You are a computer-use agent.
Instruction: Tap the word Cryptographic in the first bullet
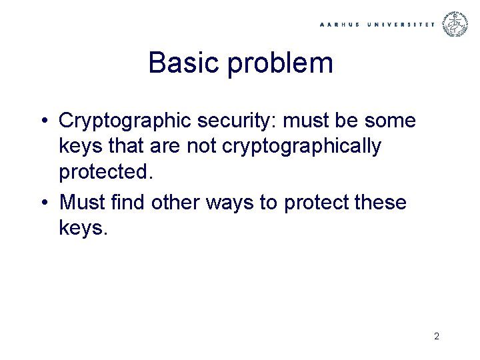129,122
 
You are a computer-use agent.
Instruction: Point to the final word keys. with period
83,229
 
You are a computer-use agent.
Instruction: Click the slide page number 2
436,337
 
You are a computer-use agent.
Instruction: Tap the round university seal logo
457,24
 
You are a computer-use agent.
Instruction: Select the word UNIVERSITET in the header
400,24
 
